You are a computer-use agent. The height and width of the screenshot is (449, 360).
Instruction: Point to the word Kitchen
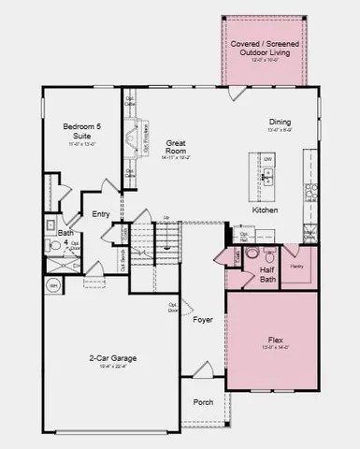click(266, 210)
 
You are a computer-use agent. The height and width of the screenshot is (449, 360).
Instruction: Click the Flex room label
click(275, 340)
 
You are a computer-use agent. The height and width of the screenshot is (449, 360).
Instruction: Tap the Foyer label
click(203, 320)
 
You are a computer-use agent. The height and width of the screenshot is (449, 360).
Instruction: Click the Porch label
click(203, 402)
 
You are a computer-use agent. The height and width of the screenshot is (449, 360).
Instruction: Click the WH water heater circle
click(54, 286)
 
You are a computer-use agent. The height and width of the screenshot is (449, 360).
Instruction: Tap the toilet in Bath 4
click(55, 246)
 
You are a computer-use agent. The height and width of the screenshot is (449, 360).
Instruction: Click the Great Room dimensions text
click(177, 158)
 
